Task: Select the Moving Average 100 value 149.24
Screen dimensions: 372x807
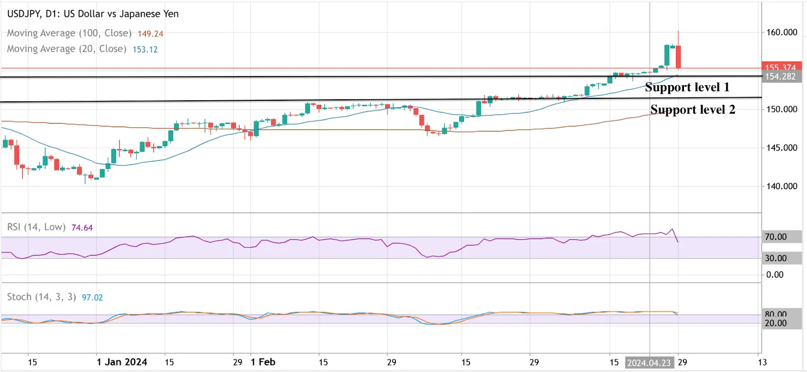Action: pos(150,34)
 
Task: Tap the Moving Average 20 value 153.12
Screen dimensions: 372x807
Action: pos(145,49)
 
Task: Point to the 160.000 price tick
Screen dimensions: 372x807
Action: pos(781,32)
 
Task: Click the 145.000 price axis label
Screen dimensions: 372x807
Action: pos(781,148)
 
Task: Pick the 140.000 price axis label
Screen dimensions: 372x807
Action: pos(781,186)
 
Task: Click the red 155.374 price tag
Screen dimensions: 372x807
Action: pos(780,68)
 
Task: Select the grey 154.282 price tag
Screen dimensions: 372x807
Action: pos(780,77)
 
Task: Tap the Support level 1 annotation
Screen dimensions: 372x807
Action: pos(687,87)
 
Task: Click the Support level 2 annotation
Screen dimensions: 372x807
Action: pos(693,109)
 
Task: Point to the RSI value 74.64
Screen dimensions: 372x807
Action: pos(82,228)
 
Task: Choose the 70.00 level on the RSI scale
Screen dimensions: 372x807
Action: pos(776,237)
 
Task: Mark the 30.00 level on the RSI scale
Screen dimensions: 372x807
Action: pos(776,258)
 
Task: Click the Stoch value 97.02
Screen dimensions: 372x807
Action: pos(92,297)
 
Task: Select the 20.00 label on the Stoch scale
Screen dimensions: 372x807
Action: pos(776,323)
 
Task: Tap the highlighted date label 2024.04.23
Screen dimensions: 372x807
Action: pos(649,362)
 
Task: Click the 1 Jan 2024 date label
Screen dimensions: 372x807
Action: pos(122,362)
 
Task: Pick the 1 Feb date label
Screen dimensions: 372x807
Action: pos(263,362)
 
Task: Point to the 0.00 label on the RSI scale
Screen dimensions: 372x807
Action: pos(775,275)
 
